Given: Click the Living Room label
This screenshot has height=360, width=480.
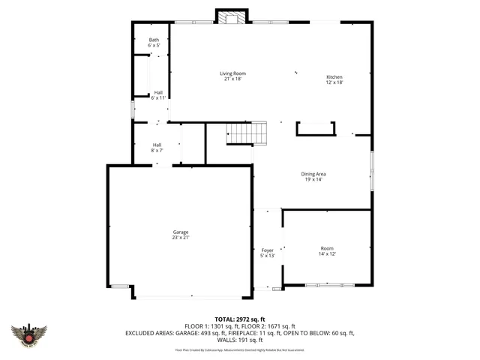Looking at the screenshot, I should [232, 73].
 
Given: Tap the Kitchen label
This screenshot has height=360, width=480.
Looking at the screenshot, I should [334, 77].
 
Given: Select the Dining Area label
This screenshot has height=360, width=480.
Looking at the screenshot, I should [313, 174].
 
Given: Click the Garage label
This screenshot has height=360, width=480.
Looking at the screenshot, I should [181, 232].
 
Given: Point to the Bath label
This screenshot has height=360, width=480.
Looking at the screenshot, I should [154, 40].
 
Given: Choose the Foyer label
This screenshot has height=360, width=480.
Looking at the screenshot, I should [268, 250].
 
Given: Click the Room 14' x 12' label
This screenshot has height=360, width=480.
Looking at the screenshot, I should [327, 248].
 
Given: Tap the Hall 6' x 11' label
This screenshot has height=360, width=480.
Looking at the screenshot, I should [158, 93].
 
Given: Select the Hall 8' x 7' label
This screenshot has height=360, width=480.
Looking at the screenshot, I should [157, 145].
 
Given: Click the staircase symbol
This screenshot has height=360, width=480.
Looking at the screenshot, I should [247, 133].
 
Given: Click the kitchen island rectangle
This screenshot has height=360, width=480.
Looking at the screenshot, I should [315, 129].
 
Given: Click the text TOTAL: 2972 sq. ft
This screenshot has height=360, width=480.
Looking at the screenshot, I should [240, 319].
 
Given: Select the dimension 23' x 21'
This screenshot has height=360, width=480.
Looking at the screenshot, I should [181, 237].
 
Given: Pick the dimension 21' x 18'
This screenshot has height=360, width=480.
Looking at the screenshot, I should [232, 79].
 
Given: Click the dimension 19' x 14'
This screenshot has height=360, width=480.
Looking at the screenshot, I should [313, 179].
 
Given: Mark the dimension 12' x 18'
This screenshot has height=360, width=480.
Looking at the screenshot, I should [334, 82].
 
